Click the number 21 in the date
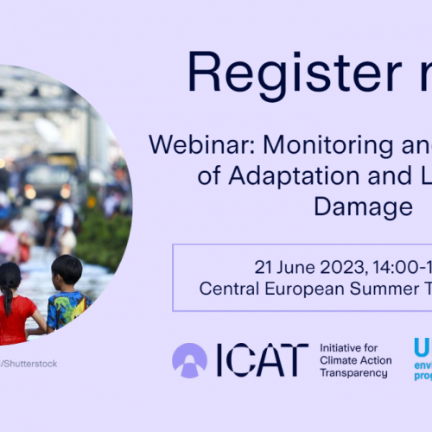(x=263, y=266)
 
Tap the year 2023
(x=340, y=266)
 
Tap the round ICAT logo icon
(x=189, y=360)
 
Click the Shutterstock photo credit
(x=31, y=364)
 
